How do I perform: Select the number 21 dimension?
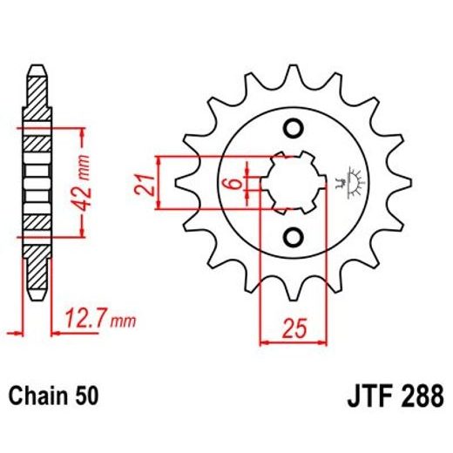click(147, 184)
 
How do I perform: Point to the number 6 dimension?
click(227, 184)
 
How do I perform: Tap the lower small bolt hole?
click(294, 237)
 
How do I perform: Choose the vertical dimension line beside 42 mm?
click(83, 183)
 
